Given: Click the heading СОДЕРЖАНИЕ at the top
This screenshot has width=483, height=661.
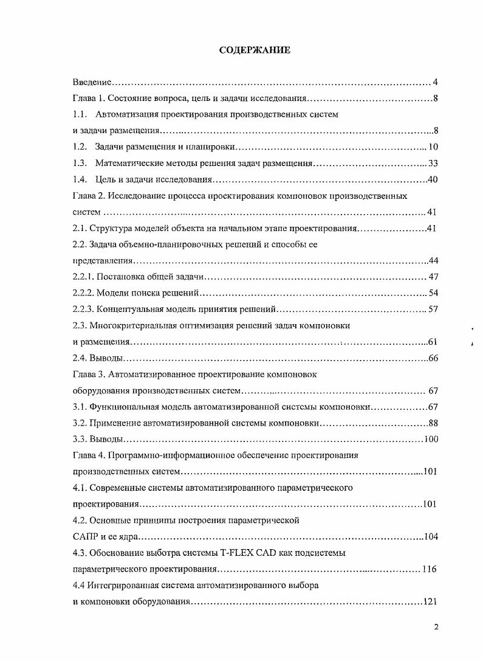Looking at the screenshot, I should tap(255, 50).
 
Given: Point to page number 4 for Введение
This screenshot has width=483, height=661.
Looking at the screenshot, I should tap(436, 82).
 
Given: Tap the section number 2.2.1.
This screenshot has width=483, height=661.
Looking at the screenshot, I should tap(83, 277).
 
